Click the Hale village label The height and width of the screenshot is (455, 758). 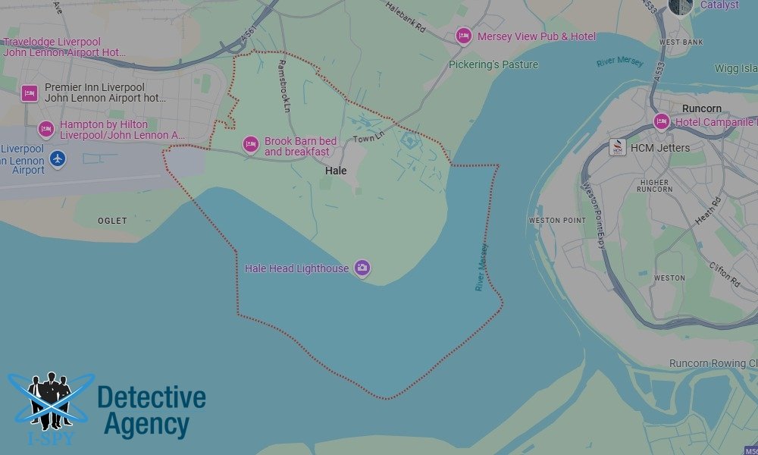tap(336, 171)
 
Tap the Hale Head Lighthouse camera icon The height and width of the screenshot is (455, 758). tap(362, 268)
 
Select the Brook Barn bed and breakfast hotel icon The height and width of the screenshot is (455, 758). tap(250, 144)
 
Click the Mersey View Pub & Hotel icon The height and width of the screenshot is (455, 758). tap(463, 36)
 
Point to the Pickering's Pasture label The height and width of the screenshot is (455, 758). tap(493, 64)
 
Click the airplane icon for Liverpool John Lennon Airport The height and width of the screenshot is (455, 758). tap(58, 159)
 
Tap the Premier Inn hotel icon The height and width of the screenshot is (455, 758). tap(30, 93)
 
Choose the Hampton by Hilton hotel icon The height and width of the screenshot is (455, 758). tap(46, 130)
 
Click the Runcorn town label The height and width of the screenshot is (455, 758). tap(701, 108)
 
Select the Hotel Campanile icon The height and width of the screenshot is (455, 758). tap(662, 121)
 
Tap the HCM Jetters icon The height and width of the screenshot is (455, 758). tap(618, 147)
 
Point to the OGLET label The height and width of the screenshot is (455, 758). tap(113, 221)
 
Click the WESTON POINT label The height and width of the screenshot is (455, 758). tap(557, 221)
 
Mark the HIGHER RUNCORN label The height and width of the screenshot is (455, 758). tap(654, 186)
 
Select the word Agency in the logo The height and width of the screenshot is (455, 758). tap(146, 425)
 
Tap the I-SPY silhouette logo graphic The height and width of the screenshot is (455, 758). tap(50, 402)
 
